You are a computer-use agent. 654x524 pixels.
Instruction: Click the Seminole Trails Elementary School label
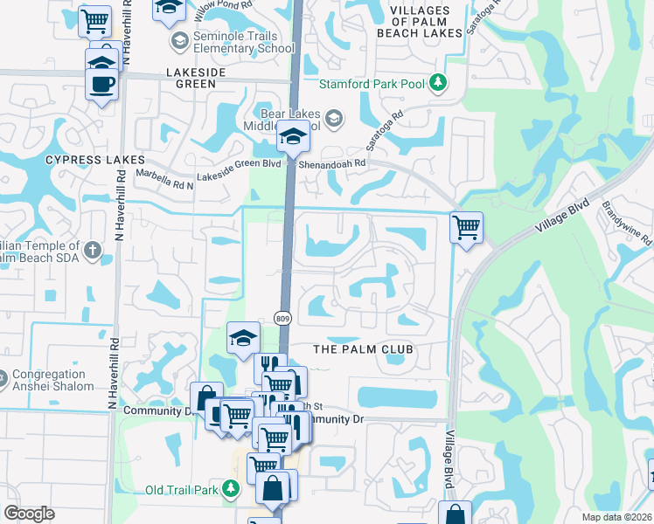point(233,42)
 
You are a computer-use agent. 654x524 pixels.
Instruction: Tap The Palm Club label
point(362,349)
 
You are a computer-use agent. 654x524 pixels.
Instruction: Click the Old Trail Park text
point(181,490)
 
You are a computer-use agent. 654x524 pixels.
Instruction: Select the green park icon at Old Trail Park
point(231,489)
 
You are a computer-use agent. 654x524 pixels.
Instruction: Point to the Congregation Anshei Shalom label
point(53,380)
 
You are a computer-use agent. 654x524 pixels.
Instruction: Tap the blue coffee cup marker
point(102,84)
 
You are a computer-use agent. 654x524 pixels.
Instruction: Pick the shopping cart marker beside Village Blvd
point(467,228)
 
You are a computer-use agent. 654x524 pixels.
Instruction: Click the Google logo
point(30,514)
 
